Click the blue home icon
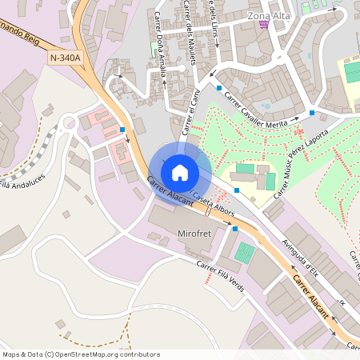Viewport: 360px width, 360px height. click(x=180, y=171)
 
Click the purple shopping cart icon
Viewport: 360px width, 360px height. click(x=264, y=26)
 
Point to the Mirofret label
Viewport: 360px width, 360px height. click(x=193, y=234)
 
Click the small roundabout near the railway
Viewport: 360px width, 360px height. click(x=69, y=123)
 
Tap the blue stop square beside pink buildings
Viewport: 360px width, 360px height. click(x=122, y=129)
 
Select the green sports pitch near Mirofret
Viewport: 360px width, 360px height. click(x=244, y=254)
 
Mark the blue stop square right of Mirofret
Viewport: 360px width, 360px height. click(x=234, y=229)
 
